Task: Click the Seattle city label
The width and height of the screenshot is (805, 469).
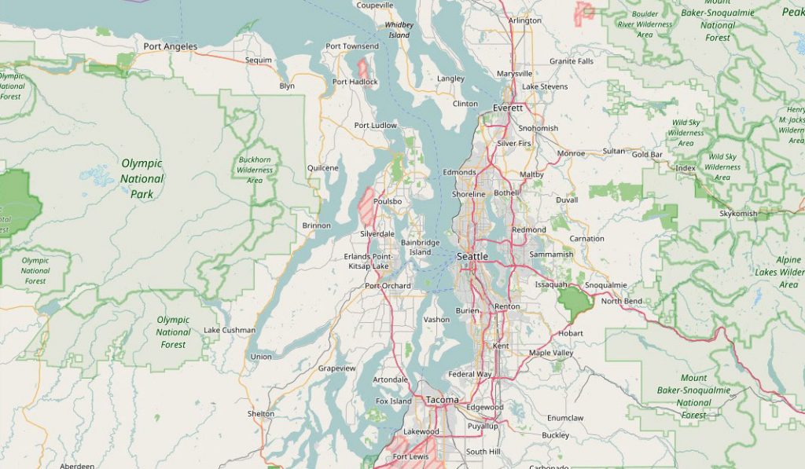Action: pyautogui.click(x=472, y=257)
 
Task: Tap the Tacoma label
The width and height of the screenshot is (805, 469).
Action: pyautogui.click(x=441, y=400)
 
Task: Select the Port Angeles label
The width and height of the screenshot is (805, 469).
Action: pyautogui.click(x=170, y=47)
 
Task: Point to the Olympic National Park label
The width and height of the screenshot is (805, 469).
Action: pyautogui.click(x=142, y=178)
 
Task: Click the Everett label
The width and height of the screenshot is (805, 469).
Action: pyautogui.click(x=508, y=108)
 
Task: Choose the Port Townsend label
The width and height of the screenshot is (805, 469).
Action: pyautogui.click(x=351, y=46)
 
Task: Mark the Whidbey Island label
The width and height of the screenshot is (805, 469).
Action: pyautogui.click(x=398, y=30)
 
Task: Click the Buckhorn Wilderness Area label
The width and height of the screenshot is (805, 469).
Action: pyautogui.click(x=255, y=170)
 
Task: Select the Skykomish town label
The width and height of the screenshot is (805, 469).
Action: pyautogui.click(x=738, y=214)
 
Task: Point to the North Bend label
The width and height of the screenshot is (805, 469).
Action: pyautogui.click(x=621, y=301)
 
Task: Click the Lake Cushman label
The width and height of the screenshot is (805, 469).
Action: pyautogui.click(x=230, y=330)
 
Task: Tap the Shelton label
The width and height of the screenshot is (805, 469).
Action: pyautogui.click(x=261, y=413)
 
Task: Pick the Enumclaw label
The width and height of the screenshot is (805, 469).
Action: pyautogui.click(x=565, y=418)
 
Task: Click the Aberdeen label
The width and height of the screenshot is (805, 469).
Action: pyautogui.click(x=77, y=465)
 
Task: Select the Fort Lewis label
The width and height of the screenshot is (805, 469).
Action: pyautogui.click(x=410, y=456)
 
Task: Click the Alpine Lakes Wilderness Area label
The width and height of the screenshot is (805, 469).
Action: pyautogui.click(x=787, y=272)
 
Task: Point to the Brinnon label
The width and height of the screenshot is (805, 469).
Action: pyautogui.click(x=316, y=225)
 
